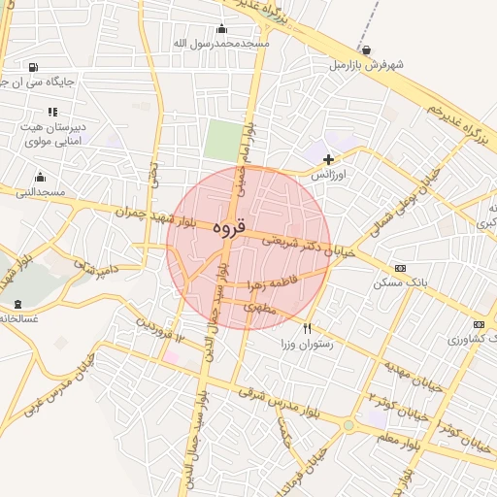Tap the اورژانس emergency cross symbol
[328, 159]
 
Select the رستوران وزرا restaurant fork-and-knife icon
[308, 328]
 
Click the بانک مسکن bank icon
[400, 268]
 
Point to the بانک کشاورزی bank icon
[478, 324]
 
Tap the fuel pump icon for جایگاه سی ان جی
[35, 67]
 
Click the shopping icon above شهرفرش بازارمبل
[365, 50]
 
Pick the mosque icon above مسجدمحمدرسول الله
[221, 28]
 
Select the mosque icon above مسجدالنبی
[40, 177]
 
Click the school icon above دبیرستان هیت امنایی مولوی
[52, 111]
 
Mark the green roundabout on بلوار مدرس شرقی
[348, 425]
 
